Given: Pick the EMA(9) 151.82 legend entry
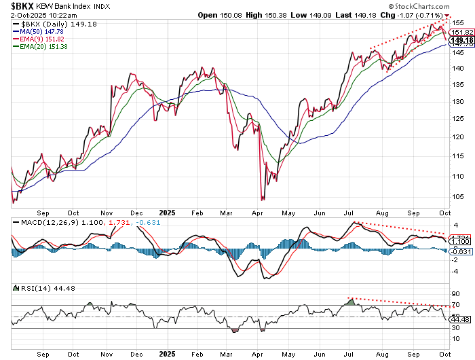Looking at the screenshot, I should (x=48, y=38).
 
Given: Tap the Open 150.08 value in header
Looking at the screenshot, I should (x=221, y=14).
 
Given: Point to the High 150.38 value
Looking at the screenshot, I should (x=265, y=14).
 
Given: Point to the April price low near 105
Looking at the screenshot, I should (x=263, y=198).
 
